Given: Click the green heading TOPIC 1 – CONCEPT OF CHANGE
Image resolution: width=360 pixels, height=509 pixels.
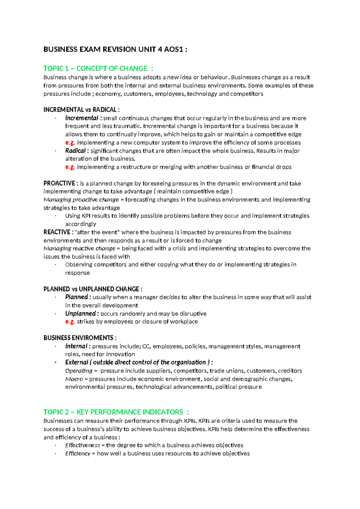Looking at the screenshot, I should point(95,68).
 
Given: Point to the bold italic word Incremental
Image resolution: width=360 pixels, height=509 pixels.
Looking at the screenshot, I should point(82,118).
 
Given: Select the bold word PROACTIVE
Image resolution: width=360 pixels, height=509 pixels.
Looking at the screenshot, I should point(59,183).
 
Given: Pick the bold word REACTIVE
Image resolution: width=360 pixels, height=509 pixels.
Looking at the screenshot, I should point(57,232).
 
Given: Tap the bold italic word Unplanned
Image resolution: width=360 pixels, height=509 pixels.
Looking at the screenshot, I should point(80,314).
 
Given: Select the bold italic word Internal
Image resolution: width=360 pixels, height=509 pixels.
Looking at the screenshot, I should point(76,346).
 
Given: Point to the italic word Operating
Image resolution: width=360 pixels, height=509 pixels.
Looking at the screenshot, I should point(79,371).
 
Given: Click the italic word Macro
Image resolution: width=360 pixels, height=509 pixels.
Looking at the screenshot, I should point(74,379).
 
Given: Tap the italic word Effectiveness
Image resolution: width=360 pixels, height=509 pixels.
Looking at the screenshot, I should point(82,445).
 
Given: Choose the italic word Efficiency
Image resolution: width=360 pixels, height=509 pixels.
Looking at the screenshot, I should point(78,453).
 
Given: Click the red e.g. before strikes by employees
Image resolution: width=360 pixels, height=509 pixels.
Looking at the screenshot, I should point(70,322).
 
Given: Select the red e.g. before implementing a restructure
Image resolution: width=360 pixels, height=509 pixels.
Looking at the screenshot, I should point(70,167).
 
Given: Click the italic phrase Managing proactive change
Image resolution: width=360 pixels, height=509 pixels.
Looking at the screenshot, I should point(81,200).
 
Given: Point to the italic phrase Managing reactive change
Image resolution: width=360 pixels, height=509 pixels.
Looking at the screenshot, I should point(79,248).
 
